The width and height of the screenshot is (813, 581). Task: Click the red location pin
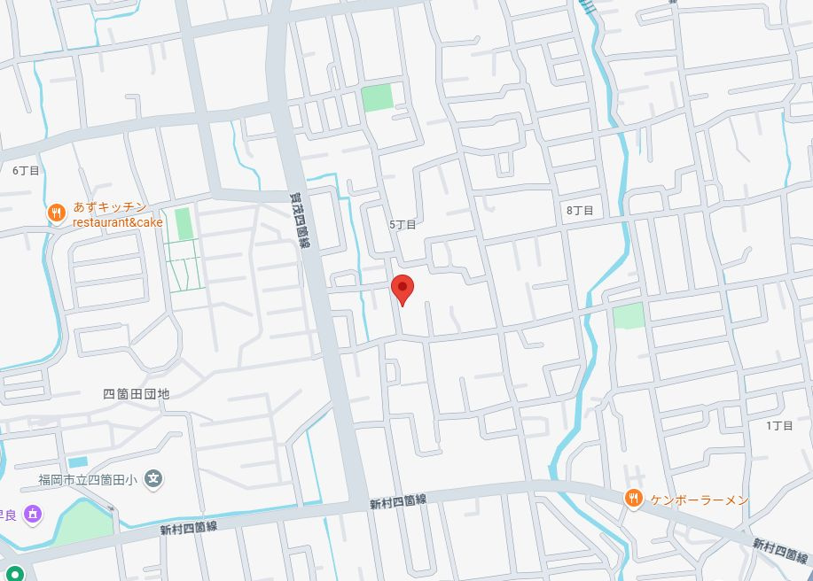point(403,288)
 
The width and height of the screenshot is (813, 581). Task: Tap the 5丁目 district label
point(402,225)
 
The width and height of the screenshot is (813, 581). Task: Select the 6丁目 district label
point(26,170)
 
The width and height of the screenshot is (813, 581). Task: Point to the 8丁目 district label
point(580,210)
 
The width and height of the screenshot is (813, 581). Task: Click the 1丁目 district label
point(779,425)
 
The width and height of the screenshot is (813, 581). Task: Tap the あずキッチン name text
point(110,207)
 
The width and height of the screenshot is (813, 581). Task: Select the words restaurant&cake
point(118,222)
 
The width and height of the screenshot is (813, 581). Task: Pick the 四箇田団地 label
point(136,393)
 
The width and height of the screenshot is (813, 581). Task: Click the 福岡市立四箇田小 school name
point(87,480)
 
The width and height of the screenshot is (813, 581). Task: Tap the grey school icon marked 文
point(154,479)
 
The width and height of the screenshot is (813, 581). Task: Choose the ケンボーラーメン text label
point(699,500)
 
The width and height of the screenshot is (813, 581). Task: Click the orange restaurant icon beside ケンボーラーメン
point(632,500)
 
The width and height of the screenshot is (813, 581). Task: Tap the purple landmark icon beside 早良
point(33,514)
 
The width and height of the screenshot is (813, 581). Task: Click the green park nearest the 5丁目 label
point(378,97)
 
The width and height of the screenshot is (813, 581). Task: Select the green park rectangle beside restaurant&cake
point(184,223)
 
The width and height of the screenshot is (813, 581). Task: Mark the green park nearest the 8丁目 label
point(629,315)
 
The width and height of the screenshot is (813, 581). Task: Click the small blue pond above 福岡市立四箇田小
point(78,461)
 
